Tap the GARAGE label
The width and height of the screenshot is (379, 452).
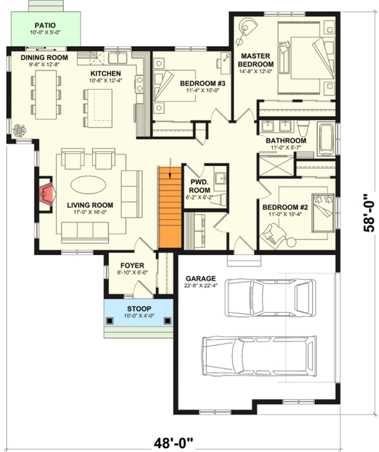[x=201, y=279]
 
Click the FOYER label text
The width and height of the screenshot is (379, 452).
[x=132, y=265]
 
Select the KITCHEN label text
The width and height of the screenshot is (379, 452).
[x=105, y=74]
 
